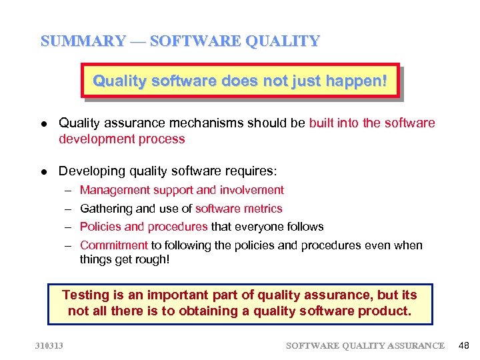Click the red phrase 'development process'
[x=121, y=139]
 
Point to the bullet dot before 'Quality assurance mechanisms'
[x=43, y=124]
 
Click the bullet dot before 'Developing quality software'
[x=43, y=172]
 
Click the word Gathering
[x=103, y=209]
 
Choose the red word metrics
[x=264, y=209]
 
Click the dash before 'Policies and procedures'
[x=68, y=227]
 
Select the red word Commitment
[x=113, y=245]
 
